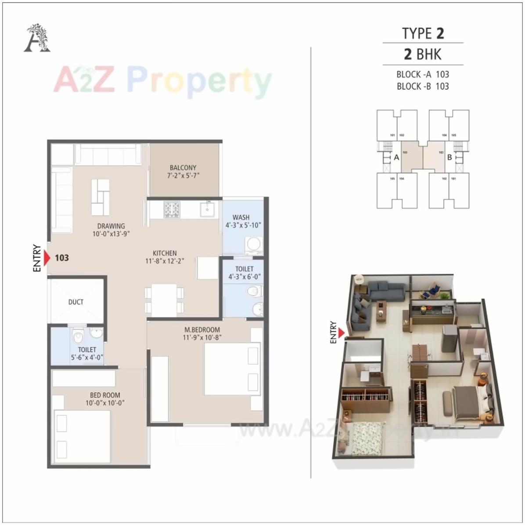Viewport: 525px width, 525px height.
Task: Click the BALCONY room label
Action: [x=183, y=167]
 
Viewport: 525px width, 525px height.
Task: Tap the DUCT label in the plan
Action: [x=76, y=302]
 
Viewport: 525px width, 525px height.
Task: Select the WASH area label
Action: [x=241, y=217]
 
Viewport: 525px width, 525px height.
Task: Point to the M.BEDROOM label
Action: [x=202, y=329]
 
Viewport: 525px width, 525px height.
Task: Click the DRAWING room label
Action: [x=111, y=226]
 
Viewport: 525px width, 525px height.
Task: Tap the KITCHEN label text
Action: [x=165, y=253]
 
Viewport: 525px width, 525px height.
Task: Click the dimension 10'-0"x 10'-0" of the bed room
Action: [x=105, y=403]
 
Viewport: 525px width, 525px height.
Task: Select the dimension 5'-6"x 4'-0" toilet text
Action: [x=87, y=358]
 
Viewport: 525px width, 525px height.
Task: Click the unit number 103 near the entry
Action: [x=62, y=258]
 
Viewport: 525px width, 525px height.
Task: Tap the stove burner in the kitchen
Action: [x=172, y=209]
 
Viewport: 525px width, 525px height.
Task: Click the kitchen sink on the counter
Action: [x=207, y=209]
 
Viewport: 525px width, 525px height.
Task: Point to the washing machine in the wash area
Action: [x=253, y=245]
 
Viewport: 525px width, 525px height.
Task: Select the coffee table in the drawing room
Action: [x=101, y=197]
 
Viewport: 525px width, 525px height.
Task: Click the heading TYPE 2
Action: [x=423, y=33]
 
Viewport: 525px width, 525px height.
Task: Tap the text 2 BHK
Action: [x=423, y=54]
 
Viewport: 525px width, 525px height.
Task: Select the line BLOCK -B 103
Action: [x=423, y=86]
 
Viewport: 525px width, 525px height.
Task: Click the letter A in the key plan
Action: [x=396, y=157]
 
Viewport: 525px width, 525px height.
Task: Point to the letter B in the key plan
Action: [x=449, y=157]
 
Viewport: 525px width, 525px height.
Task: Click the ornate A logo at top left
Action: [x=37, y=39]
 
